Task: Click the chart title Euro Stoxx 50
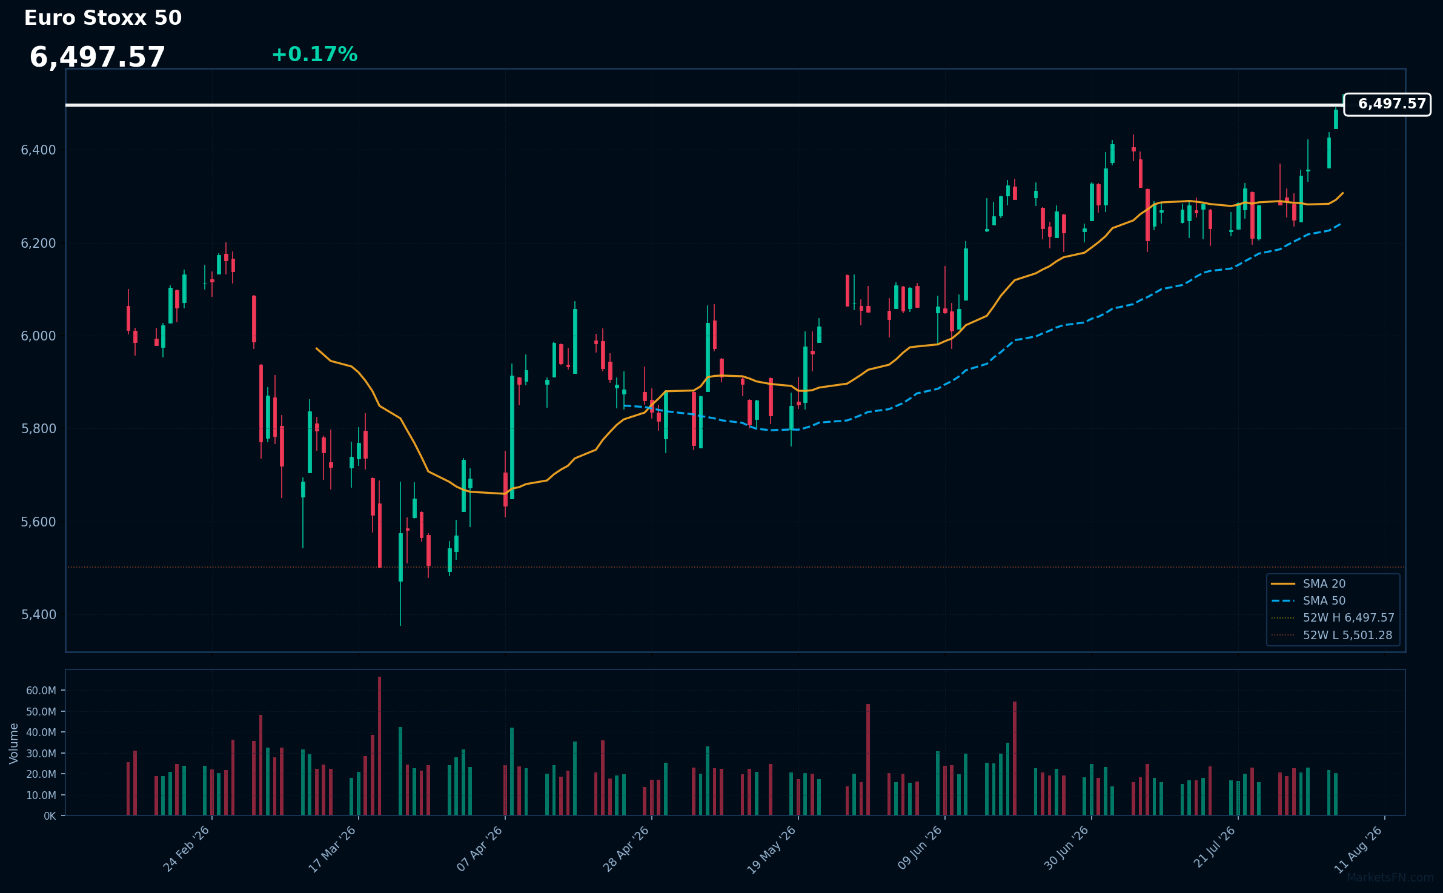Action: click(103, 18)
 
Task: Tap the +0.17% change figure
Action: click(314, 55)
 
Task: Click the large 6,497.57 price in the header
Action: click(97, 58)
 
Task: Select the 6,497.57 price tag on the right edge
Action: click(1387, 104)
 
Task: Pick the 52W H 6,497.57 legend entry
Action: click(1333, 618)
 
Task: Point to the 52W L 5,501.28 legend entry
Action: click(1332, 636)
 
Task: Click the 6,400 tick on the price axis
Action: click(38, 150)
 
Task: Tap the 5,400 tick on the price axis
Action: click(38, 615)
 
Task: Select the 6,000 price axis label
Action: click(38, 336)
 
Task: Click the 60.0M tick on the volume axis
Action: click(41, 691)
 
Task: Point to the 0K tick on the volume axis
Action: click(50, 816)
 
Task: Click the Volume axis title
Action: click(14, 743)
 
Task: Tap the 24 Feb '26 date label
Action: click(187, 849)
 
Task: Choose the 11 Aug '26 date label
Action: click(1359, 849)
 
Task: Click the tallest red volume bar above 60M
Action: click(379, 746)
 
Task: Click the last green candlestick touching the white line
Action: click(1336, 119)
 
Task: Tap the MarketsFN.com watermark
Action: click(1390, 878)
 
